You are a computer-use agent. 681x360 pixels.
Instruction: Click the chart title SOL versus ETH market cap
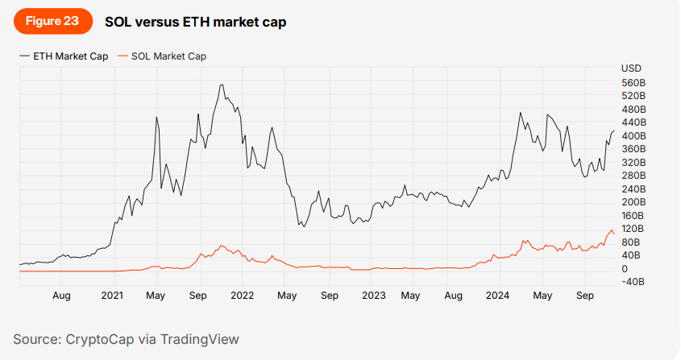[x=195, y=22]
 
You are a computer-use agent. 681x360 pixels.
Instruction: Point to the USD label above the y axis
[x=631, y=68]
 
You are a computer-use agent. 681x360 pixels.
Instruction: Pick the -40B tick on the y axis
[x=633, y=281]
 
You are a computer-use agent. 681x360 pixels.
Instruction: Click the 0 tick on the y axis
[x=625, y=268]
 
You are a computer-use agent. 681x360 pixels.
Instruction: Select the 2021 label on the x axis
[x=112, y=296]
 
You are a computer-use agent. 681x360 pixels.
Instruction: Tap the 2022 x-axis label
[x=243, y=296]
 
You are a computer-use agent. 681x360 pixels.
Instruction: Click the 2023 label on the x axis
[x=373, y=296]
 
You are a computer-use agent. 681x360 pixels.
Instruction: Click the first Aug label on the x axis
[x=62, y=296]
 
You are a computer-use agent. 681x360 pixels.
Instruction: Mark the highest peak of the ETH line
[x=222, y=85]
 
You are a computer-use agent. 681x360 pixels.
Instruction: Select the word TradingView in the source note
[x=200, y=339]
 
